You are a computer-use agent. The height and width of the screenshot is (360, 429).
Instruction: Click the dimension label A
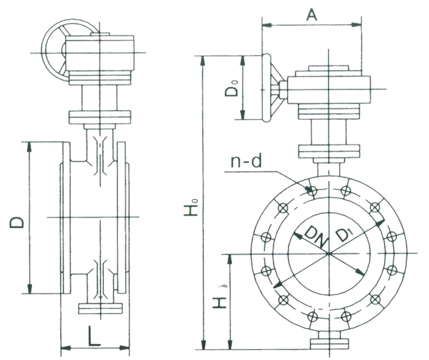click(312, 14)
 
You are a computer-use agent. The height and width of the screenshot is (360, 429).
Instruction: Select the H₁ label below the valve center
click(219, 301)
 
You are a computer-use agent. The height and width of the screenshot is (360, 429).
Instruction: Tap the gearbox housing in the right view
click(329, 90)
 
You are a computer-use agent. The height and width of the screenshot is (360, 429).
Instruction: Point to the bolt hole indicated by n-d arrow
click(313, 190)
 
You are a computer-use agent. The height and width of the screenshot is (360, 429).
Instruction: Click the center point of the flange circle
click(328, 254)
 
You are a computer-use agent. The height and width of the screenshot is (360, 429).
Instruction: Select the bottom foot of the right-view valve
click(329, 343)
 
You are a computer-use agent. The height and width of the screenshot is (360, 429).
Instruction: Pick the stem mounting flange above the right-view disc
click(328, 152)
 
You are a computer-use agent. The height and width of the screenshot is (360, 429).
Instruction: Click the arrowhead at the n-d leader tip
click(310, 188)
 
